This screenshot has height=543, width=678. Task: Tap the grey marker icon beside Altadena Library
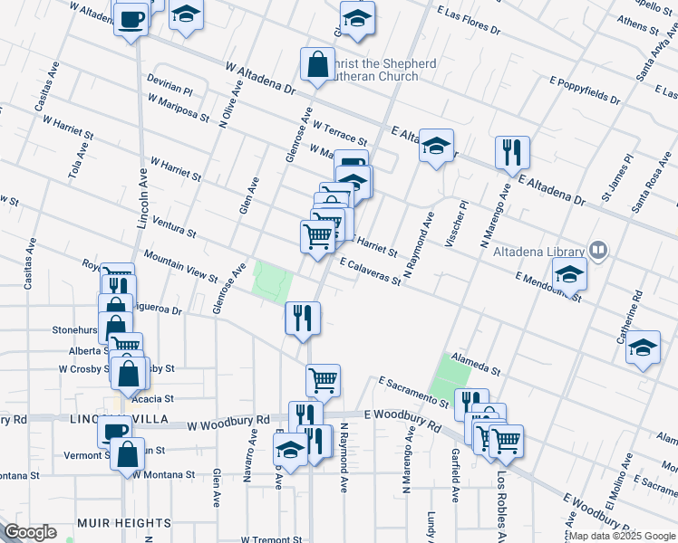[x=598, y=249]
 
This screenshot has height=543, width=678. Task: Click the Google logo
[x=30, y=532]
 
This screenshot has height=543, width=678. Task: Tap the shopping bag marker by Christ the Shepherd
[x=317, y=65]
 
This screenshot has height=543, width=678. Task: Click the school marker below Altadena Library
[x=570, y=275]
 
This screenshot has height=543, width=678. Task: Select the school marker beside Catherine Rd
[x=643, y=348]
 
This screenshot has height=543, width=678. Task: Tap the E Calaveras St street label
[x=370, y=271]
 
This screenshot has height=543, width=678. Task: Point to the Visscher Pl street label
[x=458, y=222]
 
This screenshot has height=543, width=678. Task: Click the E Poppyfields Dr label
[x=585, y=89]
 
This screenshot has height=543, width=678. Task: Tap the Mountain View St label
[x=180, y=267]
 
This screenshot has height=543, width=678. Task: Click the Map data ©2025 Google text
[x=624, y=536]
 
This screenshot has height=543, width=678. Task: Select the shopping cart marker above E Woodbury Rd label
[x=323, y=380]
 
